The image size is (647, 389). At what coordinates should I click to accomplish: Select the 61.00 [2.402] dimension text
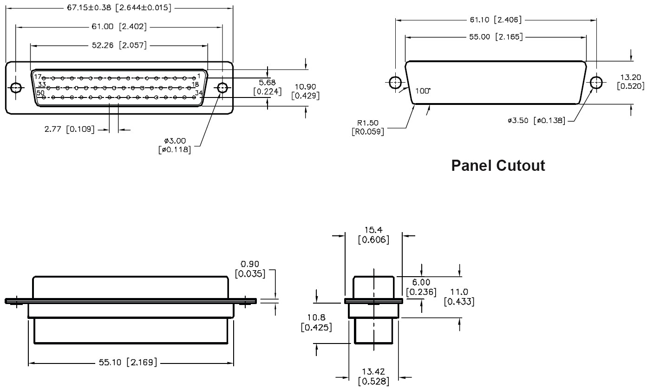[x=119, y=27]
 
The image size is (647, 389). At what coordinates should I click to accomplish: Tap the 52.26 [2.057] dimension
[x=119, y=45]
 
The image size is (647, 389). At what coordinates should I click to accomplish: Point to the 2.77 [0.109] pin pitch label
[x=69, y=130]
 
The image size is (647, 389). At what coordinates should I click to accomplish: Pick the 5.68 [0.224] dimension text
[x=268, y=87]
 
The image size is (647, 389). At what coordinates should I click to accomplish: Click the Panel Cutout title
[x=498, y=166]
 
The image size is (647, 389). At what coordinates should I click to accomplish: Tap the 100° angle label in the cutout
[x=423, y=91]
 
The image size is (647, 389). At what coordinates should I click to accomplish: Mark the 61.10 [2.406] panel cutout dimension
[x=496, y=20]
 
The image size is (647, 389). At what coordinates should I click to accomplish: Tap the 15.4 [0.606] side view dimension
[x=373, y=235]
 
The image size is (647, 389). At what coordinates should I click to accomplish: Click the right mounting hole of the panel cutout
[x=596, y=83]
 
